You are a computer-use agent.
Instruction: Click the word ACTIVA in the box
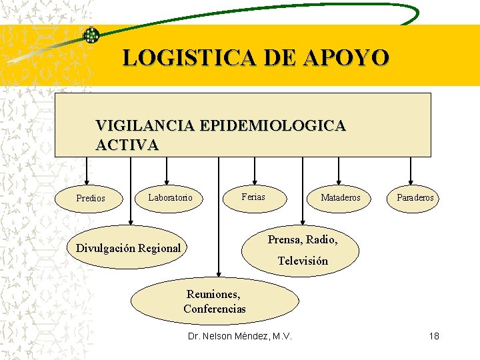coord(127,145)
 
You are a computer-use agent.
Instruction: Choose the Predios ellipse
coord(91,198)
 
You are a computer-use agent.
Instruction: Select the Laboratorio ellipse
coord(170,197)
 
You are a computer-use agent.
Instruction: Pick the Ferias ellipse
coord(253,197)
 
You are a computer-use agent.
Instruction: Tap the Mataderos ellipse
coord(340,197)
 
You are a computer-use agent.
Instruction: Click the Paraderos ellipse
coord(415,197)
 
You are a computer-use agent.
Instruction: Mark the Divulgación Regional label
coord(129,248)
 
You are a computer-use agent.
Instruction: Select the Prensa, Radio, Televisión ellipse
coord(303,250)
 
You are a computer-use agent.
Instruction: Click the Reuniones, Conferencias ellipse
coord(214,301)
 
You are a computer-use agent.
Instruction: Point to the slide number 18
coord(434,336)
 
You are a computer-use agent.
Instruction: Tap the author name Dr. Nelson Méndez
coord(240,336)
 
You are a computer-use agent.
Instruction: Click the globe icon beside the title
coord(91,35)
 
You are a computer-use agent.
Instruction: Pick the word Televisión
coord(303,261)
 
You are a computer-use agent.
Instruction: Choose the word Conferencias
coord(215,309)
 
